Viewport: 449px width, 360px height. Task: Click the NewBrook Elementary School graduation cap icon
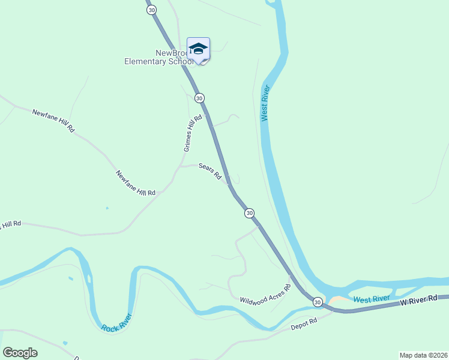coord(198,49)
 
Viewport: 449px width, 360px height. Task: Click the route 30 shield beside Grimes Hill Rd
coord(200,98)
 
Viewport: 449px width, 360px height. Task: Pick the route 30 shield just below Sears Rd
coord(249,213)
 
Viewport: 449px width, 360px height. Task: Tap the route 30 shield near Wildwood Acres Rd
coord(318,302)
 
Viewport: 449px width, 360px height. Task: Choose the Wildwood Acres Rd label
coord(265,294)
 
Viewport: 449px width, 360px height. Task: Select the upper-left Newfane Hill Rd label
coord(53,121)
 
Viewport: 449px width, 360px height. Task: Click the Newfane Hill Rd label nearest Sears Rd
coord(136,183)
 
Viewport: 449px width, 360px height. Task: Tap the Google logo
coord(20,353)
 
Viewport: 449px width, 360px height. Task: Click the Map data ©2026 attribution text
coord(423,355)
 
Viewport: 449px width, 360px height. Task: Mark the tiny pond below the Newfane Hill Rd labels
coord(107,208)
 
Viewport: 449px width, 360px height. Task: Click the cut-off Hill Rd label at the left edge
coord(10,225)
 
